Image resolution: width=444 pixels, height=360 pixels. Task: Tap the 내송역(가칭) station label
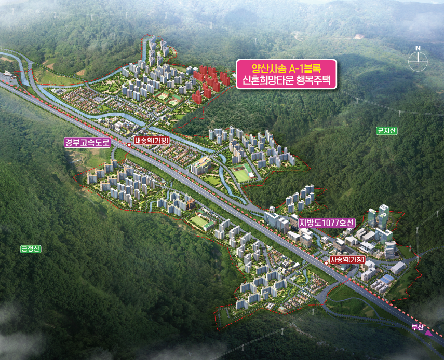pos(152,141)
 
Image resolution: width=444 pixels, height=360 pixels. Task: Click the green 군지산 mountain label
pos(387,131)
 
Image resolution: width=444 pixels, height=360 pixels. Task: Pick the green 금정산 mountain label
pos(31,249)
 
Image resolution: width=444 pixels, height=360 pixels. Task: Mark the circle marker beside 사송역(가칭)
pos(326,264)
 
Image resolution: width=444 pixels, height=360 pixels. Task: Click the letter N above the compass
pos(417,49)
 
